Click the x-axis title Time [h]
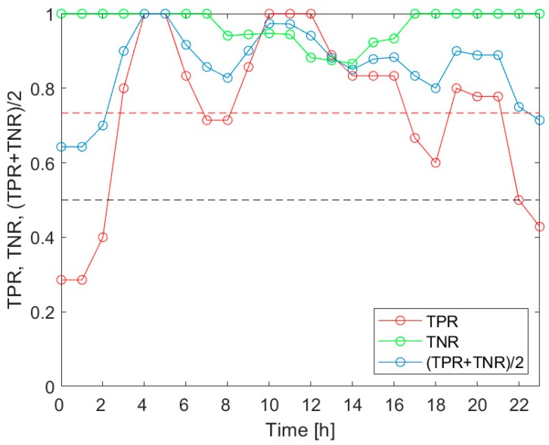tap(301, 430)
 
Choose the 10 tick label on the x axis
tap(268, 405)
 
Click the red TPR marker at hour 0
tap(60, 280)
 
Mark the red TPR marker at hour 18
tap(436, 162)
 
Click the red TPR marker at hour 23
tap(539, 227)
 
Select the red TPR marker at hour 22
tap(519, 200)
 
